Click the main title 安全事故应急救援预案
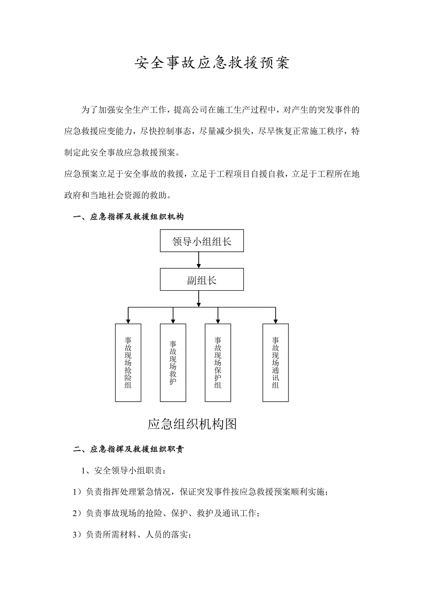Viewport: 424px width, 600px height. (212, 63)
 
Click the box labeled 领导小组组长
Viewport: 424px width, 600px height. (202, 241)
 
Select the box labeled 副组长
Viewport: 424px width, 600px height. (202, 280)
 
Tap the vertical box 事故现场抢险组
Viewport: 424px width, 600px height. (128, 362)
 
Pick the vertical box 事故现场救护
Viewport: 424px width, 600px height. (173, 362)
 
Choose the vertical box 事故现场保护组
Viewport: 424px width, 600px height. (218, 362)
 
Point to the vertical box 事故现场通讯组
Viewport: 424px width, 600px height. (276, 362)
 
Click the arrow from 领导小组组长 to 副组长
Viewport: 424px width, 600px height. (199, 260)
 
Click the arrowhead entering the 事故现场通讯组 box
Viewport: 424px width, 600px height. (276, 321)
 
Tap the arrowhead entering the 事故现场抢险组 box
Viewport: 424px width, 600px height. (128, 321)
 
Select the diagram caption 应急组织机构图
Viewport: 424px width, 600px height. (192, 424)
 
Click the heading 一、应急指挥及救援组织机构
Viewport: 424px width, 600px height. (129, 217)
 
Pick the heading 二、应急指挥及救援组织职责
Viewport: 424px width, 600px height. (129, 449)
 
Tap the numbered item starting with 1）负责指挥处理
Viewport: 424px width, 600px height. (200, 492)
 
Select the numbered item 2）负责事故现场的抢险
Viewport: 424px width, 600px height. (166, 513)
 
